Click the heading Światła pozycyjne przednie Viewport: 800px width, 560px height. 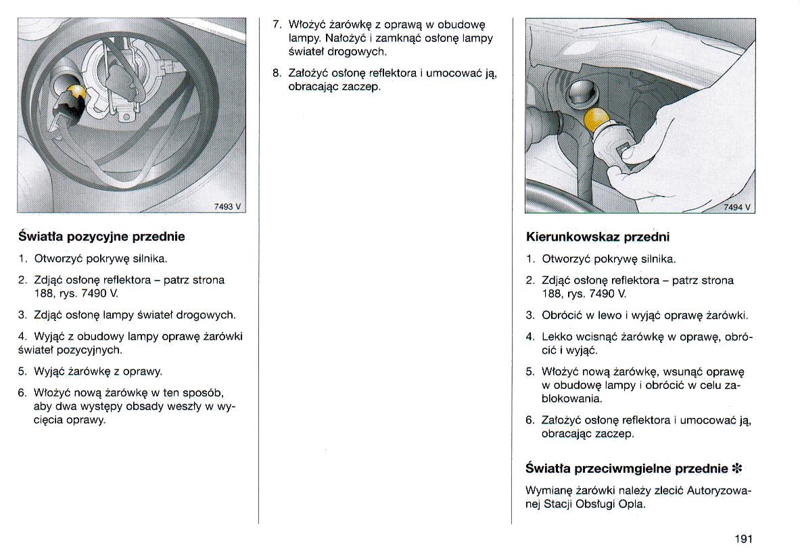[x=101, y=237]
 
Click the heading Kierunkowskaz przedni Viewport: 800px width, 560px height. [x=597, y=237]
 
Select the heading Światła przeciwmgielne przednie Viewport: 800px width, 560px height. [x=626, y=468]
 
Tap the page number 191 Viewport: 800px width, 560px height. [x=742, y=539]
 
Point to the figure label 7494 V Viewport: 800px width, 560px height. [x=737, y=208]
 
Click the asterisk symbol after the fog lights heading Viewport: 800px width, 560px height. [x=737, y=468]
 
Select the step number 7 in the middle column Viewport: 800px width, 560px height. [x=276, y=24]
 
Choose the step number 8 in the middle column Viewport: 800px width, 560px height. [x=276, y=73]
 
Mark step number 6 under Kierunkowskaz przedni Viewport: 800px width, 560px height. [x=530, y=420]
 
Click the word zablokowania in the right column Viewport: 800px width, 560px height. [x=729, y=386]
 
